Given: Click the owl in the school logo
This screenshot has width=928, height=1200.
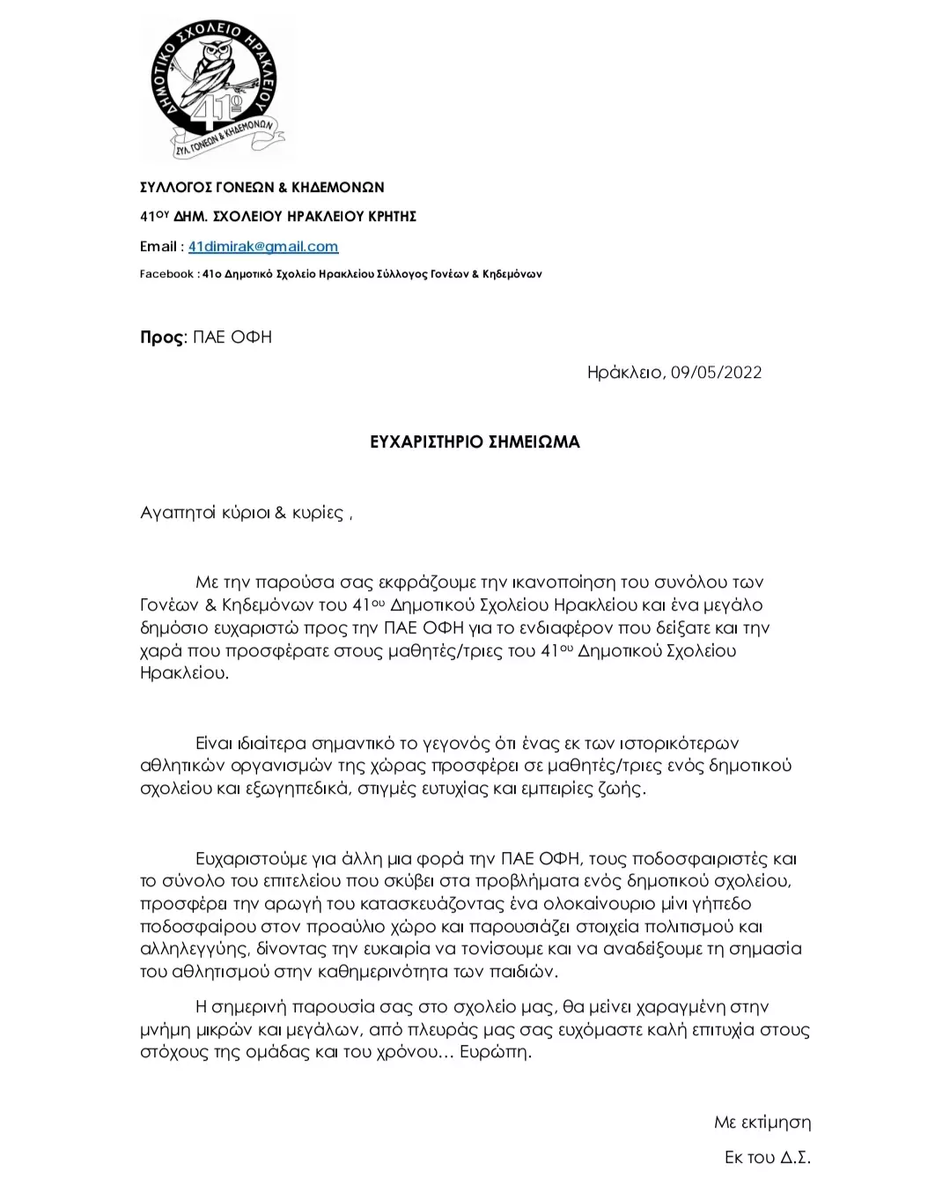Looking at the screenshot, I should pyautogui.click(x=216, y=66).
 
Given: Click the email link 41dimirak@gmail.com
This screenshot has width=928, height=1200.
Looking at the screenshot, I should pyautogui.click(x=263, y=247).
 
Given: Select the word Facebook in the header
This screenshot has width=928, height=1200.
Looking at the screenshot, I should pyautogui.click(x=166, y=274).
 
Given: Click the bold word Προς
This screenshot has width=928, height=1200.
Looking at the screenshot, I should pyautogui.click(x=162, y=337).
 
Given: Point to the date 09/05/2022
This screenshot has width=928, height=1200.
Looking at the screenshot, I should pyautogui.click(x=716, y=372).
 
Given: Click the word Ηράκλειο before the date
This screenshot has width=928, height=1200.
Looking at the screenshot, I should pyautogui.click(x=625, y=372).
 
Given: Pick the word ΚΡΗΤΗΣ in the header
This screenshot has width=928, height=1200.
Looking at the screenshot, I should pyautogui.click(x=387, y=217).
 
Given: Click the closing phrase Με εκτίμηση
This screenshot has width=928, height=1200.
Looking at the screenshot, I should pyautogui.click(x=762, y=1122).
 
